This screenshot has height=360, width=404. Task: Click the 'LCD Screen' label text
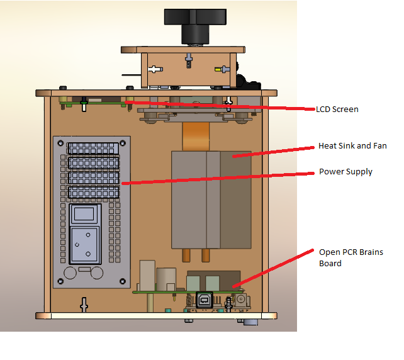tap(337, 110)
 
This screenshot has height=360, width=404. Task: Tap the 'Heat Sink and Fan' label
tap(352, 146)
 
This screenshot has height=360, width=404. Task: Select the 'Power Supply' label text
tap(345, 171)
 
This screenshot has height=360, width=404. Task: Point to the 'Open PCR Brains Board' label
tap(351, 257)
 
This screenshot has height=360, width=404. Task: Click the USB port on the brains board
tap(205, 300)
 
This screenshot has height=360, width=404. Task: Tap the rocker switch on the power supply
tap(86, 215)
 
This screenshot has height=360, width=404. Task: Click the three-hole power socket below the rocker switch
tap(85, 245)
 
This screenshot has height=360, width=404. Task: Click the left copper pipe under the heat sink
tap(186, 255)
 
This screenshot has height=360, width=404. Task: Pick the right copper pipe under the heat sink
tap(205, 255)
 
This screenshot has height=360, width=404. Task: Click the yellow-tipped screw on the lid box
tap(222, 69)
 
